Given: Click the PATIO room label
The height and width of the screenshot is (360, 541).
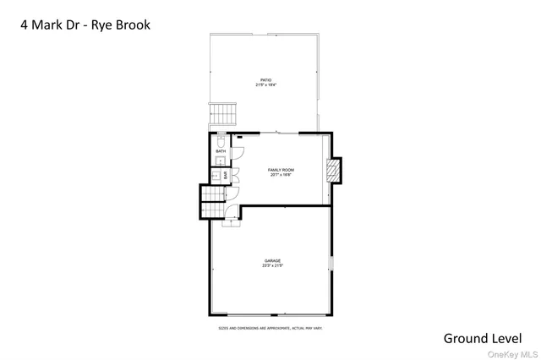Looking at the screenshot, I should click(x=265, y=80).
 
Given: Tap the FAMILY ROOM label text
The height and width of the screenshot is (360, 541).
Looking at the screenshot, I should click(x=280, y=170).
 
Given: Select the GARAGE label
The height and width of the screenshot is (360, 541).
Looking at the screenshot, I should click(x=272, y=260).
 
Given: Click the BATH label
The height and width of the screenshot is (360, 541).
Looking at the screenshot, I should click(x=221, y=151).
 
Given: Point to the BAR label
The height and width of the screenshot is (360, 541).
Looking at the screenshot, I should click(x=226, y=176).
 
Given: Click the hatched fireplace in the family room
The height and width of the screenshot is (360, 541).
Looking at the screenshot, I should click(x=336, y=172).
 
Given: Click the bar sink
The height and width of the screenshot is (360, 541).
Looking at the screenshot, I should click(x=216, y=176).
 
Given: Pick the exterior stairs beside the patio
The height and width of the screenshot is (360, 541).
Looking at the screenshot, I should click(x=221, y=113).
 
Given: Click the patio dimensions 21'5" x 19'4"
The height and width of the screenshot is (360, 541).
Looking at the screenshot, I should click(x=265, y=85).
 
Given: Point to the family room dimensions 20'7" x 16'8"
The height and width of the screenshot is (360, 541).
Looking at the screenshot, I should click(x=280, y=175).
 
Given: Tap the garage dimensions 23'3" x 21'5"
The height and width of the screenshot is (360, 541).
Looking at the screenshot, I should click(x=272, y=265).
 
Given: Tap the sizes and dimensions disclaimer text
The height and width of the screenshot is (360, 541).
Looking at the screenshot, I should click(x=270, y=327).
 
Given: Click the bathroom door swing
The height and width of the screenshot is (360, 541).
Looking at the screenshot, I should click(x=238, y=153).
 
